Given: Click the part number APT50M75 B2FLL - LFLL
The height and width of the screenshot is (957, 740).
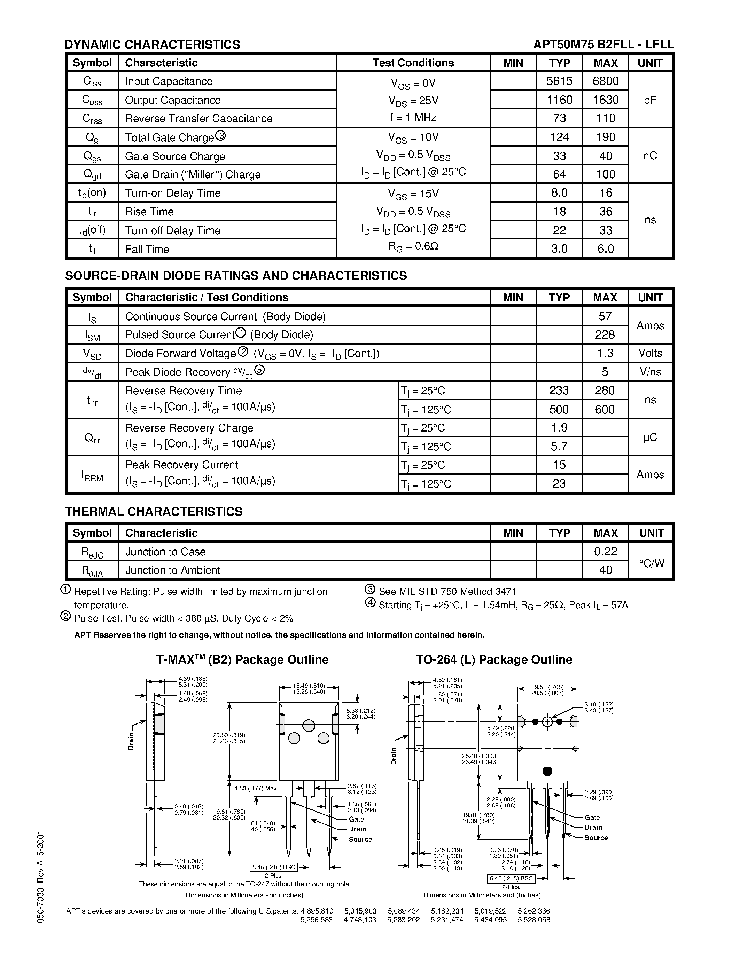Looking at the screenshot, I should (603, 44).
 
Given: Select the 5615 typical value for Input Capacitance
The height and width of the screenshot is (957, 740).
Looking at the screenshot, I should (559, 81).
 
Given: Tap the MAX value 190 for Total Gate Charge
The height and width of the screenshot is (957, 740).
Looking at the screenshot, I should (606, 137).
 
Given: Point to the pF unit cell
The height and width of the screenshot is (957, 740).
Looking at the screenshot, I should (650, 100).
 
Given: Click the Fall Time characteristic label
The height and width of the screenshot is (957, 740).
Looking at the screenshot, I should (147, 249).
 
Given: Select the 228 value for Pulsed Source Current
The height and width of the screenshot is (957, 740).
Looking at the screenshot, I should (605, 335).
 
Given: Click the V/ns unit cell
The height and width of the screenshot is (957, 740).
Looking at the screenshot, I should (650, 372).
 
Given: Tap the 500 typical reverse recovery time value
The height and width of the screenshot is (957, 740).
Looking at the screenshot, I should (559, 409).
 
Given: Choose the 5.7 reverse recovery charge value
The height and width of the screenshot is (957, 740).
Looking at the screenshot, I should (559, 446).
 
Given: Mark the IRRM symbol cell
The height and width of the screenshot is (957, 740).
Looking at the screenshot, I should (92, 475).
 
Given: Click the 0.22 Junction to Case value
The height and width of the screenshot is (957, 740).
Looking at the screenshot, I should (606, 551).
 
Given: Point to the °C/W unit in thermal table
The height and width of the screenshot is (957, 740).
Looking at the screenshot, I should (652, 563).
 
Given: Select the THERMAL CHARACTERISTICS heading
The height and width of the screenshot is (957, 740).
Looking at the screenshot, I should (154, 512).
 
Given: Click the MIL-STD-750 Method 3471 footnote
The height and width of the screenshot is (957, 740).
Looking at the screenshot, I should (447, 592).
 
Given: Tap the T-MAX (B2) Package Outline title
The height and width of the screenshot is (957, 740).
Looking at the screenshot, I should (242, 660).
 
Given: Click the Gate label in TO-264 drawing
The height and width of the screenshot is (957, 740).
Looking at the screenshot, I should (592, 818).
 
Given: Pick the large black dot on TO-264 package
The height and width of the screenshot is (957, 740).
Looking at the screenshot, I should (547, 771).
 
